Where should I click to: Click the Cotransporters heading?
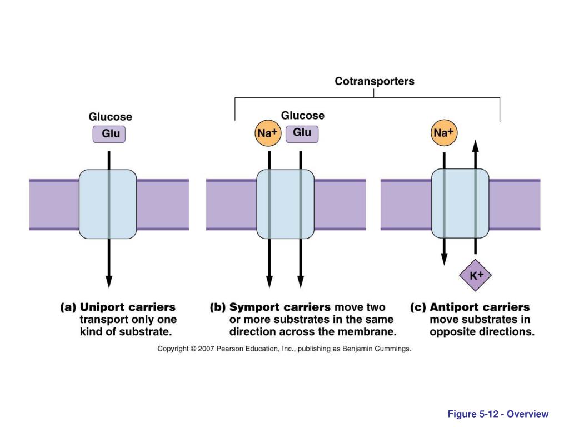pyautogui.click(x=374, y=81)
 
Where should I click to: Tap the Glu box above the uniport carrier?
pyautogui.click(x=109, y=134)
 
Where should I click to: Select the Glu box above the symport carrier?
pyautogui.click(x=302, y=133)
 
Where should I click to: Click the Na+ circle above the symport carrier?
pyautogui.click(x=268, y=133)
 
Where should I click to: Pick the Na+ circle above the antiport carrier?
pyautogui.click(x=444, y=132)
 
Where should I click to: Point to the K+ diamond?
pyautogui.click(x=476, y=275)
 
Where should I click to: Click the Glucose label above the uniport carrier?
pyautogui.click(x=111, y=117)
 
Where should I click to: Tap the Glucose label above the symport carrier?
pyautogui.click(x=303, y=116)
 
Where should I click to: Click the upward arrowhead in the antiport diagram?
pyautogui.click(x=476, y=146)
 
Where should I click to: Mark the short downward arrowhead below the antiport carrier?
pyautogui.click(x=444, y=259)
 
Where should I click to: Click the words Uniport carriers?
pyautogui.click(x=127, y=307)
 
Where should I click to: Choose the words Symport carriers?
pyautogui.click(x=280, y=307)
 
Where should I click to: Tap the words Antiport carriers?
pyautogui.click(x=480, y=307)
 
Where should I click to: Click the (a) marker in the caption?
pyautogui.click(x=68, y=307)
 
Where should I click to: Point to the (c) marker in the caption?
pyautogui.click(x=418, y=307)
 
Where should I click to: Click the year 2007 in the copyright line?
pyautogui.click(x=206, y=349)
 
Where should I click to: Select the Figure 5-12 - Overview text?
pyautogui.click(x=498, y=414)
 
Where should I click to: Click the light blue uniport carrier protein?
pyautogui.click(x=108, y=204)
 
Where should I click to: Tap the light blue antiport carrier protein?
pyautogui.click(x=460, y=203)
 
